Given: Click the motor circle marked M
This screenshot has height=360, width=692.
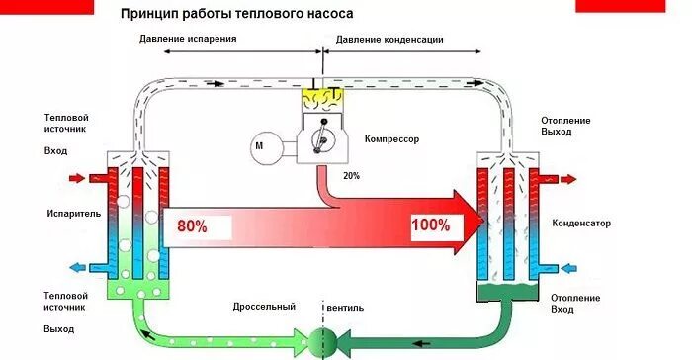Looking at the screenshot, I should (x=263, y=146).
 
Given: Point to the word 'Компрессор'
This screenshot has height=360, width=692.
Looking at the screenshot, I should (x=391, y=139).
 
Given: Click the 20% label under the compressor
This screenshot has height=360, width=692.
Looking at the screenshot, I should (x=350, y=175).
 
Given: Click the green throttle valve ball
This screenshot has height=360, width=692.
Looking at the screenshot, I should (x=322, y=339).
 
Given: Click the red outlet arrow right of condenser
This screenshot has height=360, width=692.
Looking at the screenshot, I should (x=567, y=179).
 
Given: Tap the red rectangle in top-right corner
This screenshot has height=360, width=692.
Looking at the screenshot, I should (x=633, y=5).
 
